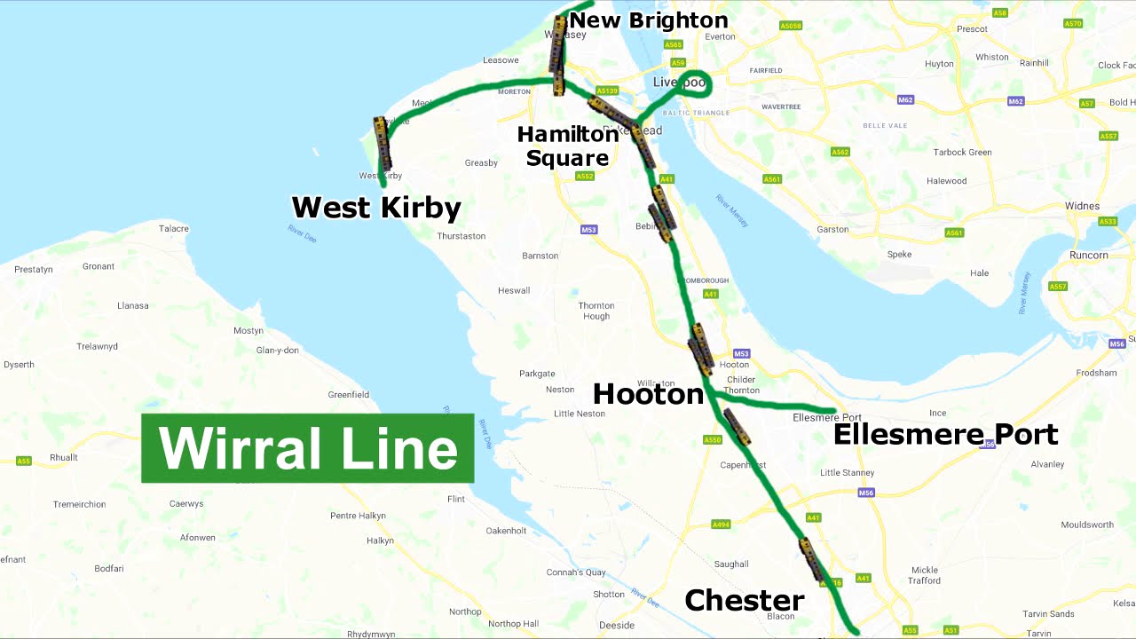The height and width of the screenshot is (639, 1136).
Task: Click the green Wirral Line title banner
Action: [307, 448]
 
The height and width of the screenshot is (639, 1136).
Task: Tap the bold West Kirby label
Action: [376, 208]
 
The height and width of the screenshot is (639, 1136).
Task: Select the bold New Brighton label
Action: [648, 20]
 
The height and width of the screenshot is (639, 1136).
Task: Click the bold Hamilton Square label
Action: [567, 146]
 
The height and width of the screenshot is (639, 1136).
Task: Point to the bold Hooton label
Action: [648, 394]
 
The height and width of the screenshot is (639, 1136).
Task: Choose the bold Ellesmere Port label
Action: [945, 434]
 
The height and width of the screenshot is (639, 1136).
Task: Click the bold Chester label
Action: [744, 601]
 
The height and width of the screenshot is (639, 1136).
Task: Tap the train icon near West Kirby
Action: [383, 143]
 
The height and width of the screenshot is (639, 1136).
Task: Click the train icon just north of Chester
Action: [811, 558]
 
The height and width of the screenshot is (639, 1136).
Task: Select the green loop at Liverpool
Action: [693, 82]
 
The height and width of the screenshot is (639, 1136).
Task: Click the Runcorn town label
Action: [1088, 255]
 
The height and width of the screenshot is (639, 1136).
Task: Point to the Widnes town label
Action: [1082, 206]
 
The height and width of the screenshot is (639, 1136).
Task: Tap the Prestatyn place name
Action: [34, 269]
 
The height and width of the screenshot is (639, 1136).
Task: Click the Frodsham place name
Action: [1096, 373]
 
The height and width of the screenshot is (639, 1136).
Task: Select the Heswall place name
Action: [514, 290]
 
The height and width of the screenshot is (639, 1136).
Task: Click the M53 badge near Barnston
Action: [588, 230]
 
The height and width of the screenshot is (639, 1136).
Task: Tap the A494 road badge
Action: [721, 525]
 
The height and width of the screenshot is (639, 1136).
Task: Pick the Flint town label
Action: [456, 499]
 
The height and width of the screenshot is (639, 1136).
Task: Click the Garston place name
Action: [832, 229]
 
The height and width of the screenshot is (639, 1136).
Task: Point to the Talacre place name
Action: [174, 228]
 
